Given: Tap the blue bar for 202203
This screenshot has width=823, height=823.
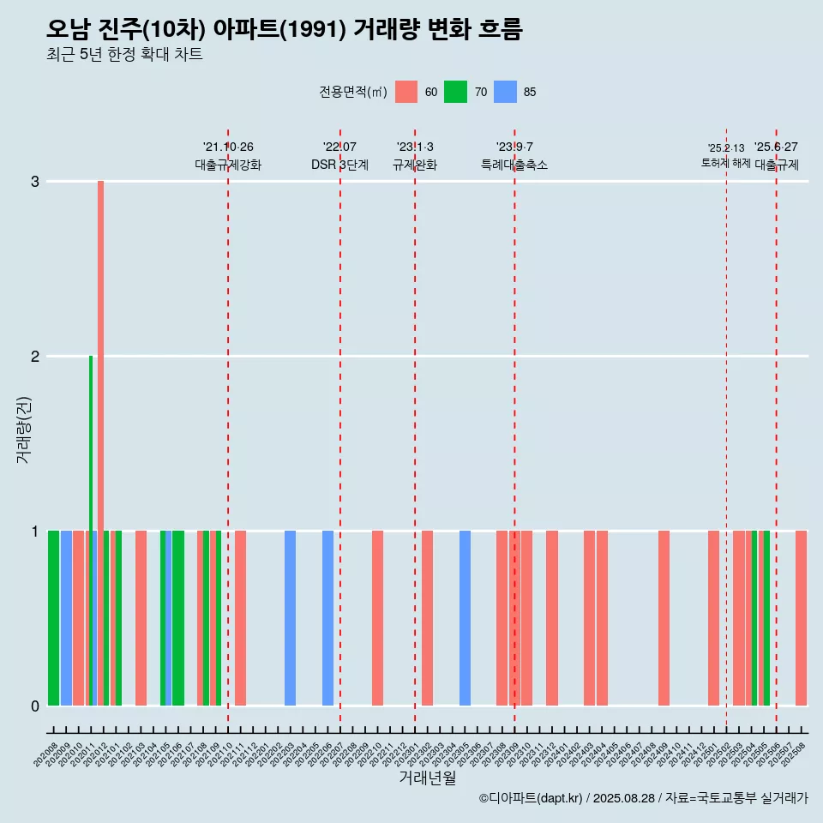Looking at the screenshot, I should [290, 618].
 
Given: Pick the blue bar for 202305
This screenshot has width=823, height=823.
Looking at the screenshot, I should [465, 618].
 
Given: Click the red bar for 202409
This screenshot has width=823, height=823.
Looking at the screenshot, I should [664, 618].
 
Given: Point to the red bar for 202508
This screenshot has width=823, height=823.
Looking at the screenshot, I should [801, 618].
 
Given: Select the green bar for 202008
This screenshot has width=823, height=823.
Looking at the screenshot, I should [53, 618].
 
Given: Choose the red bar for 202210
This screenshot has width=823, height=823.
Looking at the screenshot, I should [377, 618].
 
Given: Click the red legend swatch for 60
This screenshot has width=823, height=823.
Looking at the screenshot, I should [406, 92].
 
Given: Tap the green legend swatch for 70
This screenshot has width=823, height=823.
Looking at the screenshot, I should [455, 92].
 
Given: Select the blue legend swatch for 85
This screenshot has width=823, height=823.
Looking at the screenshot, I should [505, 92].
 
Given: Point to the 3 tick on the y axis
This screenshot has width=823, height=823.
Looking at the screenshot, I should [35, 182].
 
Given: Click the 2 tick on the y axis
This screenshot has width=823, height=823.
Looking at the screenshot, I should [35, 357].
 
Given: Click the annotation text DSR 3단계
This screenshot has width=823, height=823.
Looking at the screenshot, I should [339, 165].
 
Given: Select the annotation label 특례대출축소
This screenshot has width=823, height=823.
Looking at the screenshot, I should [514, 165].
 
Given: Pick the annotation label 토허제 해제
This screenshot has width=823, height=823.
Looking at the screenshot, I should [725, 163].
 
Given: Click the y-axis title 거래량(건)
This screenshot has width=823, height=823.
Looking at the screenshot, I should [23, 429].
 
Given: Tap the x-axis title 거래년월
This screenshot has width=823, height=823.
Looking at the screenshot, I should [427, 778].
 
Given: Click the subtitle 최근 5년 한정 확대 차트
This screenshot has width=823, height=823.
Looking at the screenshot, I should [124, 55].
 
